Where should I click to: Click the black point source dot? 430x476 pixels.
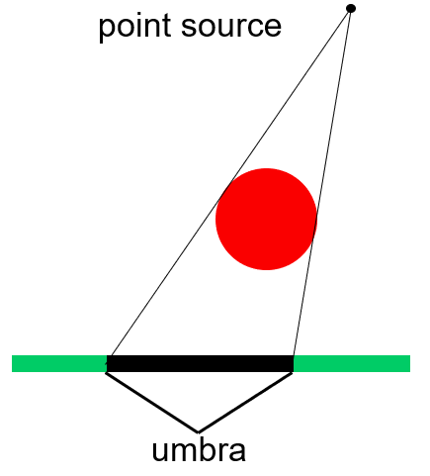351,8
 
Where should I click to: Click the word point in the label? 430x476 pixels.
134,27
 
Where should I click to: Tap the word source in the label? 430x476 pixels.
231,27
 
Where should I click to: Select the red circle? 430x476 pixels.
266,219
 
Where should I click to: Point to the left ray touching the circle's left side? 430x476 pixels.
230,183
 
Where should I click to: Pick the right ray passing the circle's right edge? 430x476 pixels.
321,183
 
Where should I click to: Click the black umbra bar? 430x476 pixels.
200,363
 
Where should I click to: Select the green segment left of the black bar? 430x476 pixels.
59,363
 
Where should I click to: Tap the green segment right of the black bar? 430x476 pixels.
352,363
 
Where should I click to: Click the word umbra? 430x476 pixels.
199,450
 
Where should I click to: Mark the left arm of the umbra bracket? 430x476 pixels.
151,403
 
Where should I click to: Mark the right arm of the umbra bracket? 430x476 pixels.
245,403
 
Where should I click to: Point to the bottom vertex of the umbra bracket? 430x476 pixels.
198,432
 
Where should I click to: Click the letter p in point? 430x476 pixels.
106,30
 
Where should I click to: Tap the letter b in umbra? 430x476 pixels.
205,449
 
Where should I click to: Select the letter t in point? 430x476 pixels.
166,26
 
